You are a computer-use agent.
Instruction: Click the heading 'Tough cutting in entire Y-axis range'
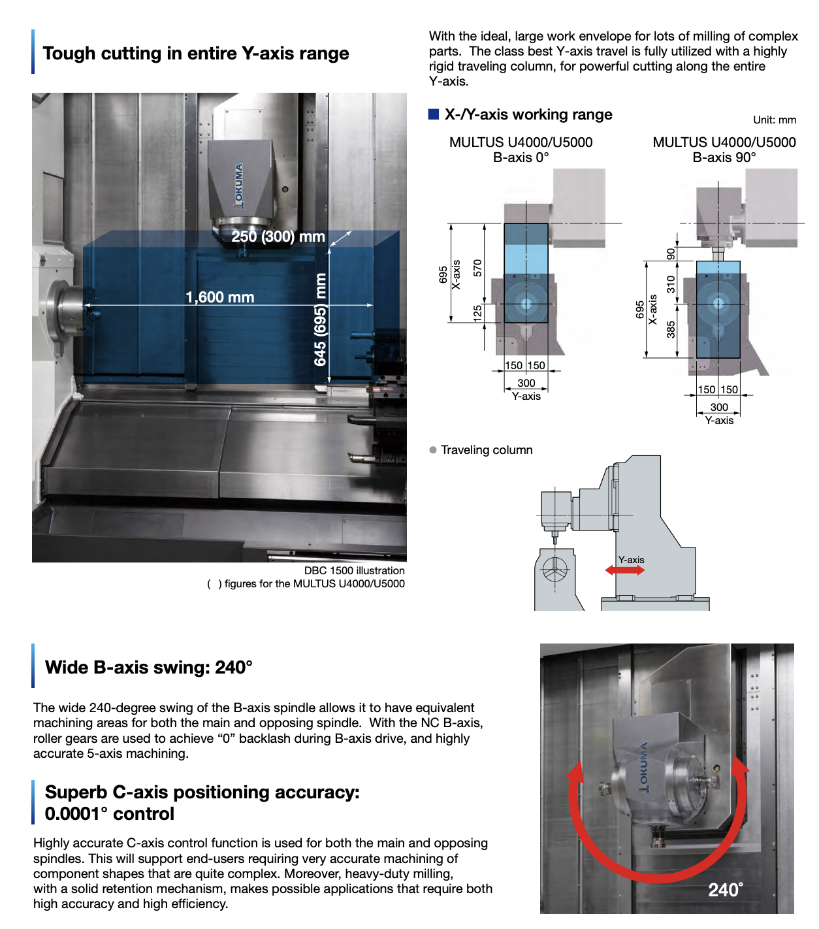tap(195, 53)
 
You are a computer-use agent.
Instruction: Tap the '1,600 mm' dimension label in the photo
tap(219, 297)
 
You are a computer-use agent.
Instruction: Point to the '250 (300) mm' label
tap(278, 236)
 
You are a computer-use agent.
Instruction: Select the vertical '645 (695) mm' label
tap(320, 319)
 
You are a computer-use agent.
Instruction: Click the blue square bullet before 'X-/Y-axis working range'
tap(434, 114)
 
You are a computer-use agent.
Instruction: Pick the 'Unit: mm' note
tap(774, 120)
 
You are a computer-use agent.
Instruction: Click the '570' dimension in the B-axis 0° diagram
tap(477, 267)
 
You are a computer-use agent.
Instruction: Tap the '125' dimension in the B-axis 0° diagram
tap(477, 312)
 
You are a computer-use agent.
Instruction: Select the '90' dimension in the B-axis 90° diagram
tap(671, 253)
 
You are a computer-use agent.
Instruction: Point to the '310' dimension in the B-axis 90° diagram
tap(671, 284)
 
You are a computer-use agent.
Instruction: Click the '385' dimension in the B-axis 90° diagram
tap(671, 329)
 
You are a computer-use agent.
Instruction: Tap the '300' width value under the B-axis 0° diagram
tap(526, 383)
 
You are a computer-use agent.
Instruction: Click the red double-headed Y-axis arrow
tap(624, 570)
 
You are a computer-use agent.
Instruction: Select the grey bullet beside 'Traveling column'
tap(433, 450)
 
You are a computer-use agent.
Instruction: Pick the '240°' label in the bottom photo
tap(725, 890)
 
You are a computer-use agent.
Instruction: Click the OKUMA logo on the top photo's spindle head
tap(239, 186)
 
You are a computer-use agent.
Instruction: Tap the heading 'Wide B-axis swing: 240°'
tap(148, 667)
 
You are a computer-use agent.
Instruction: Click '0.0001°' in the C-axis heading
tap(76, 814)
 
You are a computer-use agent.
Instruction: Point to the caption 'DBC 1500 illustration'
tap(354, 570)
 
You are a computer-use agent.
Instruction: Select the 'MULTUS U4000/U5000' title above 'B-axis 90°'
tap(724, 142)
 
